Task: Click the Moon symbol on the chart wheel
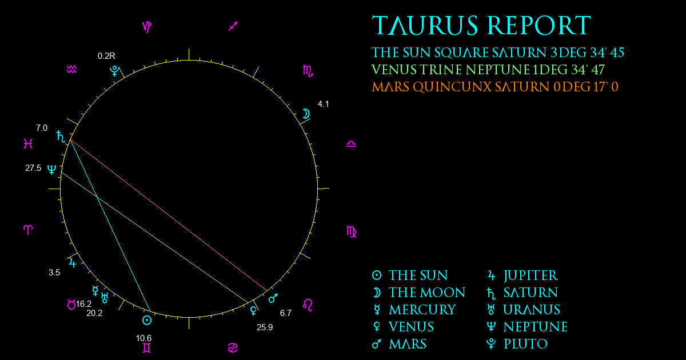tap(306, 114)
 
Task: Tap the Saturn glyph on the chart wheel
tap(61, 137)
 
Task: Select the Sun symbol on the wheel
tap(147, 320)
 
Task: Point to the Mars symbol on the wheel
tap(273, 298)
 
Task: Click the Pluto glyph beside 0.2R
tap(114, 71)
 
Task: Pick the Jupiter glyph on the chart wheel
tap(72, 263)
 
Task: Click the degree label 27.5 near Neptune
tap(33, 168)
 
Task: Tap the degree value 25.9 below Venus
tap(265, 327)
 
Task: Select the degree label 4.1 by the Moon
tap(323, 104)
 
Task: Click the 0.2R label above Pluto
tap(106, 56)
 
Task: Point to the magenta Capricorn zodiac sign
tap(147, 27)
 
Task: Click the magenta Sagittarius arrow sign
tap(233, 26)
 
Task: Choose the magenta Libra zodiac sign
tap(351, 144)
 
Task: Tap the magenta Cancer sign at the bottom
tap(233, 348)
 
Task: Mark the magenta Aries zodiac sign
tap(28, 230)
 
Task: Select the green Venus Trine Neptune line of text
tap(488, 70)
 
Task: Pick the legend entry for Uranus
tap(524, 310)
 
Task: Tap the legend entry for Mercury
tap(414, 310)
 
